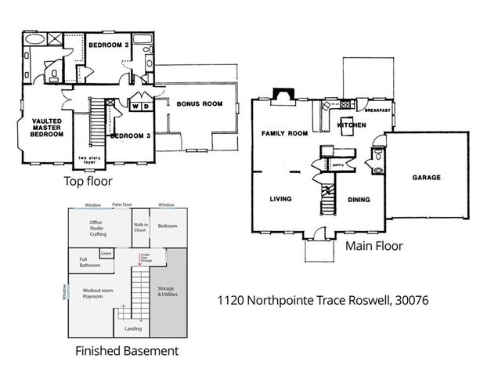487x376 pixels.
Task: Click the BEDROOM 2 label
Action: (x=108, y=45)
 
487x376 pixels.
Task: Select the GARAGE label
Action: (x=426, y=178)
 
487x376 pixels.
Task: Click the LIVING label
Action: (x=280, y=199)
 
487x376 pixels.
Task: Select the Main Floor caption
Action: (x=374, y=246)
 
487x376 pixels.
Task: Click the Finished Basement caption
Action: (x=126, y=351)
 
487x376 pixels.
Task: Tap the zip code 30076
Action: (x=407, y=300)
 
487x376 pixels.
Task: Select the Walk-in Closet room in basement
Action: (x=140, y=227)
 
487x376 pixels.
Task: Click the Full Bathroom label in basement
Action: (x=88, y=262)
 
